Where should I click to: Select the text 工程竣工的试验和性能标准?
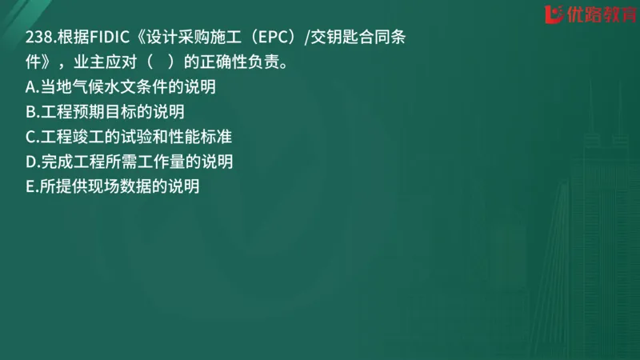[136, 137]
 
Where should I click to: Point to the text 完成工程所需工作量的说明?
[137, 162]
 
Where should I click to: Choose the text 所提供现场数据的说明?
[119, 187]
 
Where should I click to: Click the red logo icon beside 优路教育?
[552, 14]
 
